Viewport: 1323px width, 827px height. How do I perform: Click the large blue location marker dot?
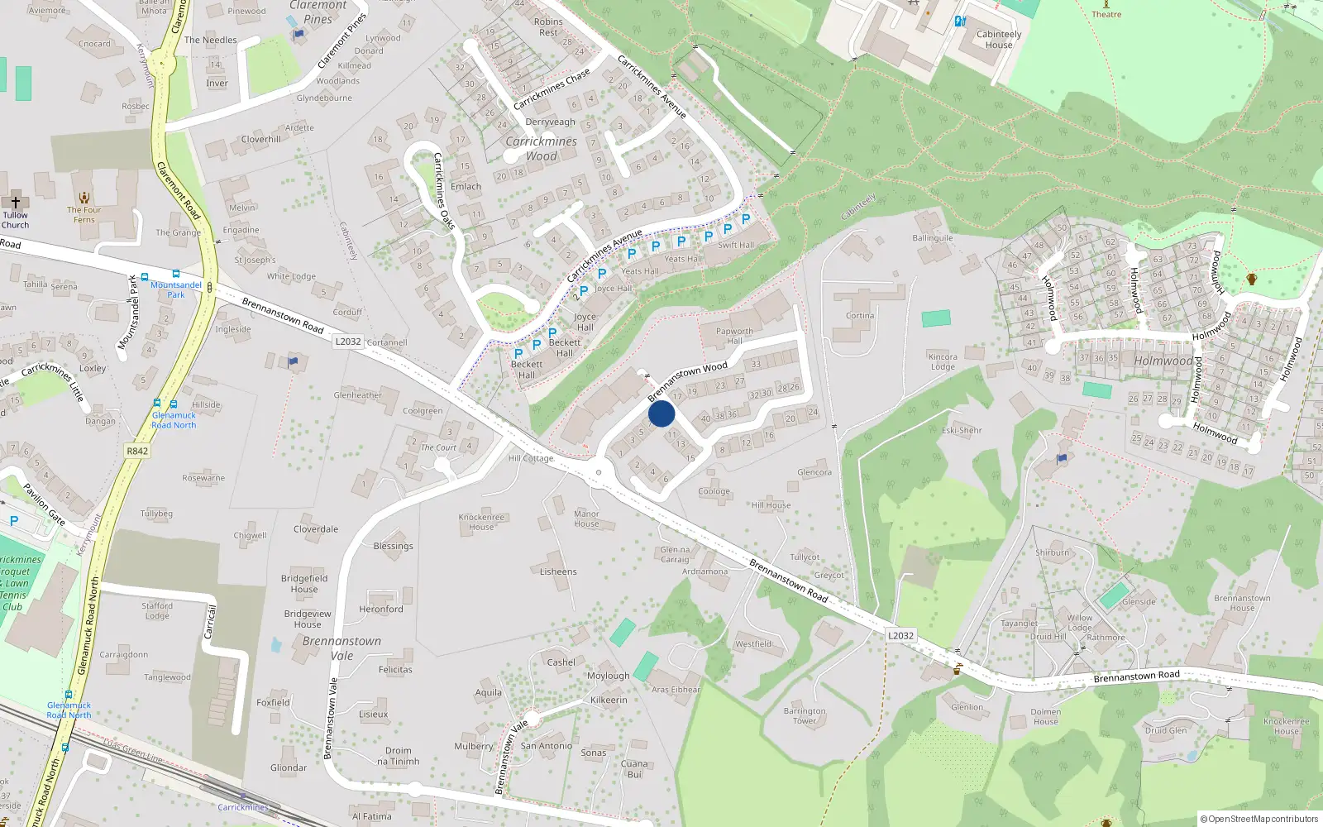pyautogui.click(x=661, y=413)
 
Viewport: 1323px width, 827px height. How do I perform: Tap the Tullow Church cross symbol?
pyautogui.click(x=15, y=201)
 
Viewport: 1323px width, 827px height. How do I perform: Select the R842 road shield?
pyautogui.click(x=137, y=451)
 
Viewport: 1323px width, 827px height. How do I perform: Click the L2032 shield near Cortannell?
pyautogui.click(x=348, y=342)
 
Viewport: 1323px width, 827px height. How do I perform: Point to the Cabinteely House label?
pyautogui.click(x=999, y=40)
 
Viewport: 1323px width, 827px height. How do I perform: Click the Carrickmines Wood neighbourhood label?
pyautogui.click(x=542, y=149)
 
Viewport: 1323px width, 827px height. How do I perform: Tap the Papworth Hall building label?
pyautogui.click(x=734, y=336)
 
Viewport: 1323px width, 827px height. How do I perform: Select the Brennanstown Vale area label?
pyautogui.click(x=341, y=648)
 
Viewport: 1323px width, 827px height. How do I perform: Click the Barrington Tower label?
pyautogui.click(x=805, y=715)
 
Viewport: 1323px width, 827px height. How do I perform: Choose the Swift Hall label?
pyautogui.click(x=736, y=245)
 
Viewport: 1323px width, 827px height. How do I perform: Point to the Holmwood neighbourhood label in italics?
pyautogui.click(x=1163, y=361)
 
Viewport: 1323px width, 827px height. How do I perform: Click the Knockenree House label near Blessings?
pyautogui.click(x=481, y=522)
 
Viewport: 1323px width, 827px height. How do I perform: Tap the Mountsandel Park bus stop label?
pyautogui.click(x=176, y=289)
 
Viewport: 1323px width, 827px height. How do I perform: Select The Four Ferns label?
pyautogui.click(x=84, y=214)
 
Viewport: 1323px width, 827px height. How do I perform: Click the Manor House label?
pyautogui.click(x=586, y=519)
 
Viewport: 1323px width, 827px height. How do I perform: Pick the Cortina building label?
pyautogui.click(x=860, y=316)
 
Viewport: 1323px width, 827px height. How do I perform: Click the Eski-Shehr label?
pyautogui.click(x=962, y=430)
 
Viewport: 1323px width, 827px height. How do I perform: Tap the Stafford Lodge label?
pyautogui.click(x=157, y=610)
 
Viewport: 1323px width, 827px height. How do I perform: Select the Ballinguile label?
pyautogui.click(x=933, y=238)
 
